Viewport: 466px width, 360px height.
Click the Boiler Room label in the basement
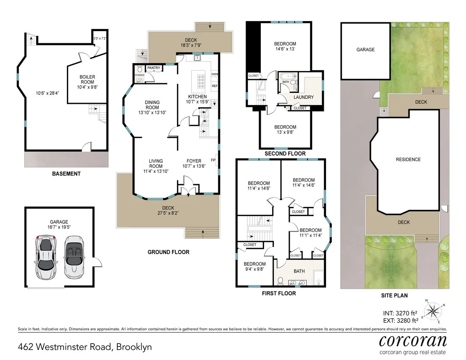coord(87,79)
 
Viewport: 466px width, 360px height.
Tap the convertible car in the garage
coord(74,257)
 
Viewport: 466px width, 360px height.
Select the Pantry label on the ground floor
coord(154,68)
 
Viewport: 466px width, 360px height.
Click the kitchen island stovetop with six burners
coord(201,81)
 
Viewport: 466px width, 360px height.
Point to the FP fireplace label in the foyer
coord(213,160)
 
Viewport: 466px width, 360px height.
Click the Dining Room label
coord(152,105)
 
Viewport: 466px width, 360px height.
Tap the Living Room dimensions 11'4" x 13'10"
coord(156,171)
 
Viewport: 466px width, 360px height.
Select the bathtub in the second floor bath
coord(287,77)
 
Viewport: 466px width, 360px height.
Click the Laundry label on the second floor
coord(303,97)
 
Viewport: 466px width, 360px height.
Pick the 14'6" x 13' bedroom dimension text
coord(285,49)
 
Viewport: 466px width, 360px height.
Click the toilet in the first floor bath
coord(280,281)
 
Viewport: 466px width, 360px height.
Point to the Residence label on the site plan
coord(408,160)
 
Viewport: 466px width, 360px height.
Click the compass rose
coord(433,311)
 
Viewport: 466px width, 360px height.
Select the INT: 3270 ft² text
coord(400,313)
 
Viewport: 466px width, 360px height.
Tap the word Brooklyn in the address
coord(134,347)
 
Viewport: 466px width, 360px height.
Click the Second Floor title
coord(285,154)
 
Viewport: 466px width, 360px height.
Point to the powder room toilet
coord(139,69)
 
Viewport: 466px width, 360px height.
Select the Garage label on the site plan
coord(365,50)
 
